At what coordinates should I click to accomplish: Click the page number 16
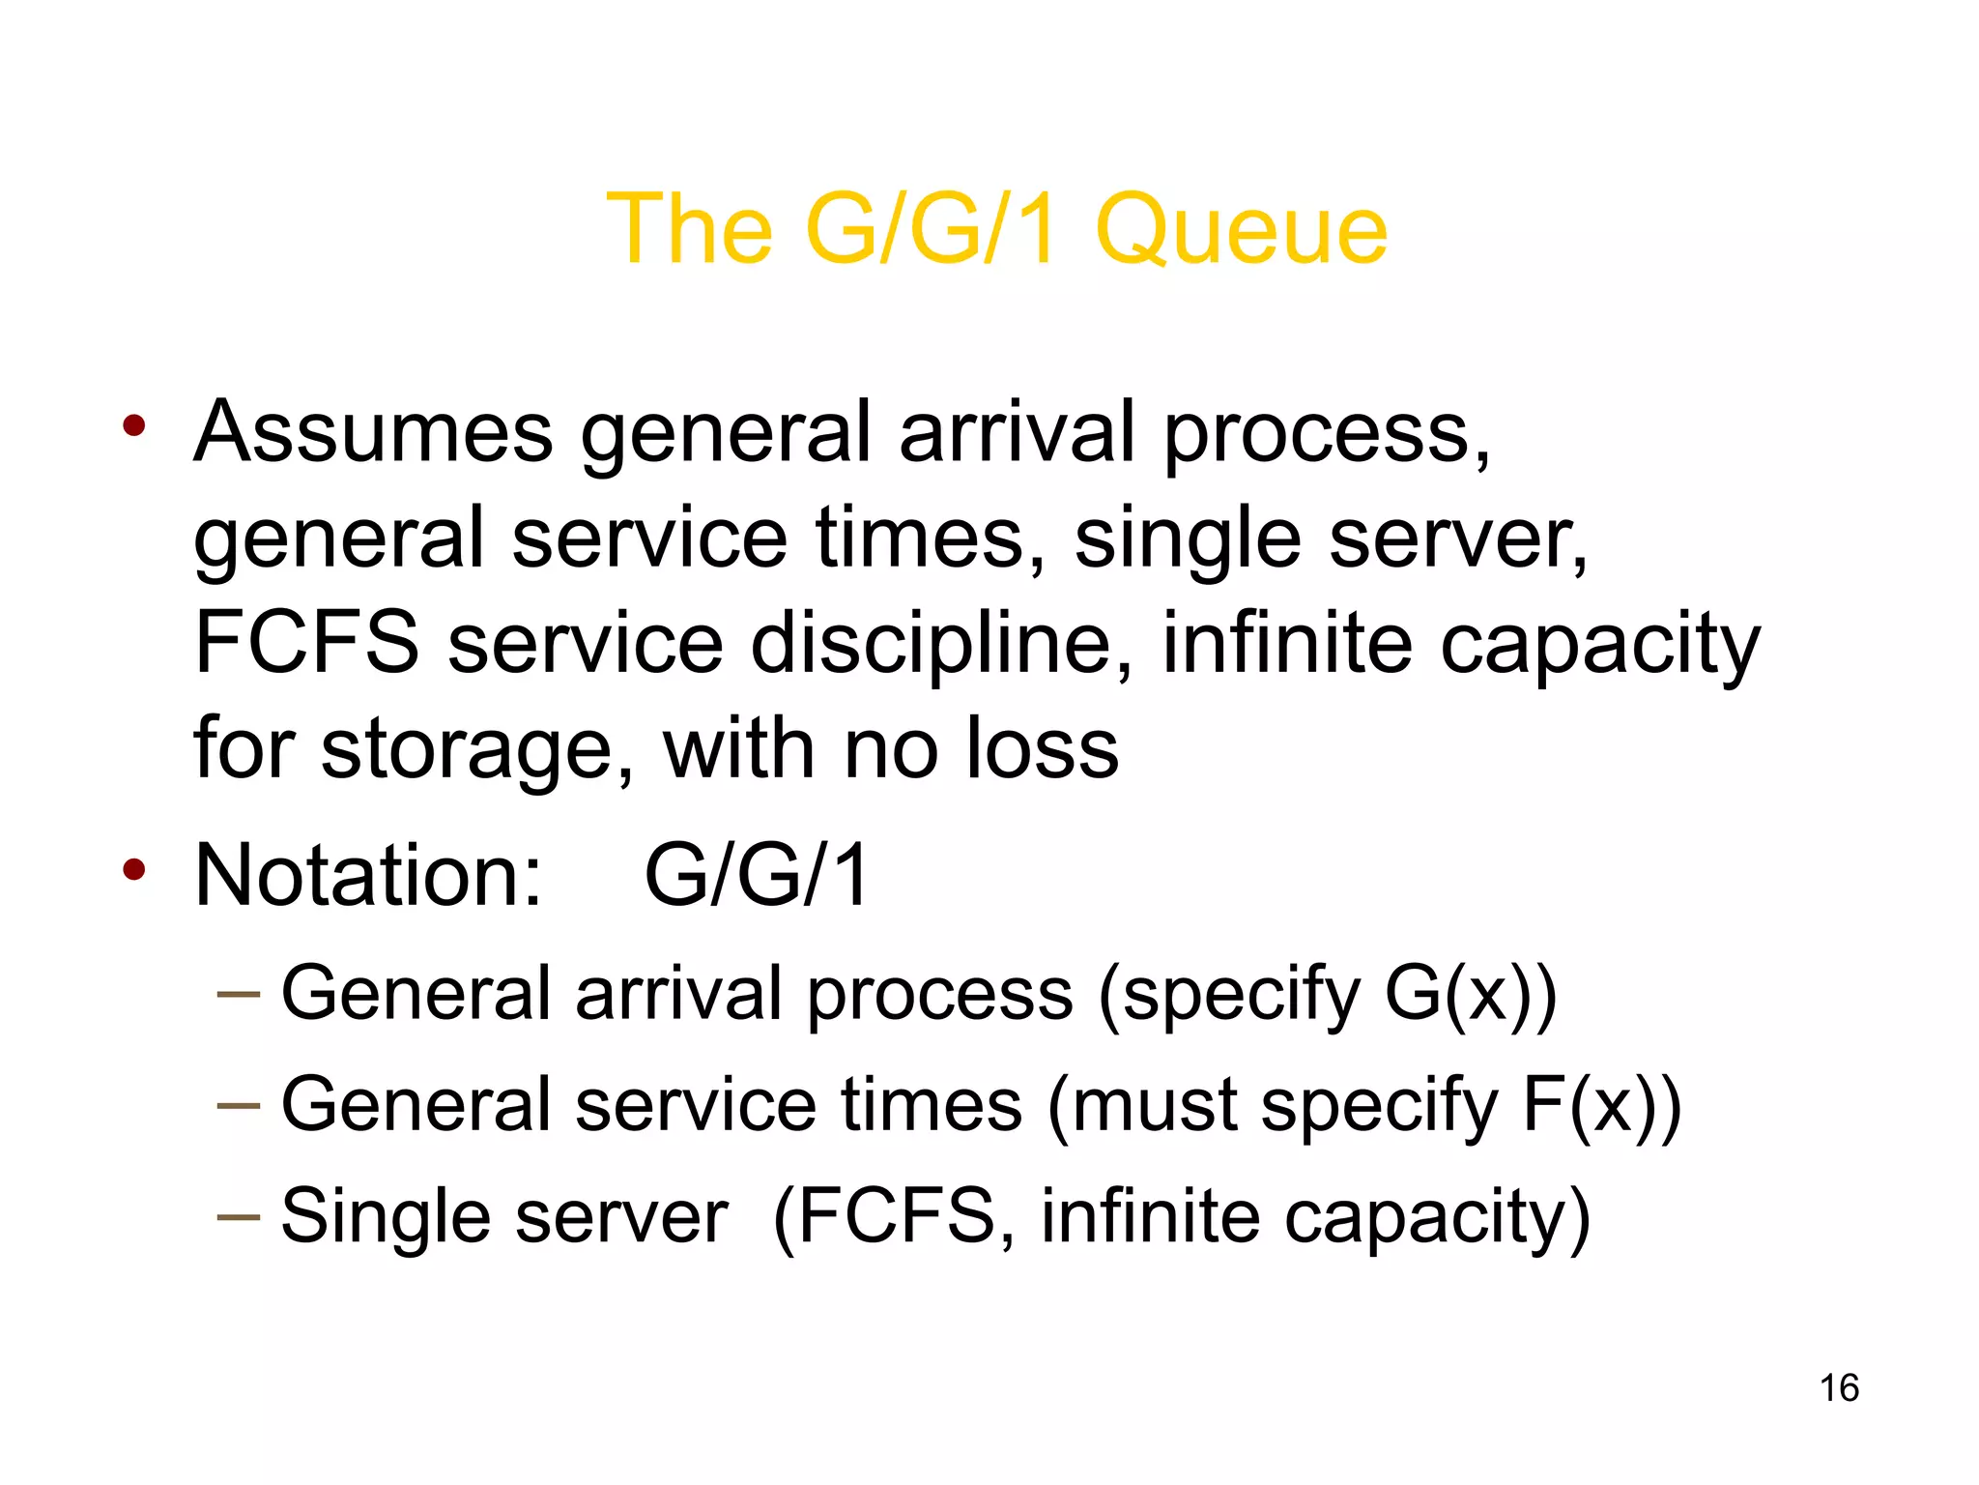tap(1839, 1388)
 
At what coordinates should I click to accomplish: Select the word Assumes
tap(373, 432)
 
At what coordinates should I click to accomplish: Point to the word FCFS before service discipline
tap(306, 643)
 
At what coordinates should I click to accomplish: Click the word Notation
tap(368, 875)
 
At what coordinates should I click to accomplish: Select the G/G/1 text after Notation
tap(757, 875)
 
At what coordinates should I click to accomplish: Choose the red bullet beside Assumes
tap(134, 425)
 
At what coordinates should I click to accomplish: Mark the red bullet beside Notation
tap(134, 869)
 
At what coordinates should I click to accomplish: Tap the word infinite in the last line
tap(1150, 1215)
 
